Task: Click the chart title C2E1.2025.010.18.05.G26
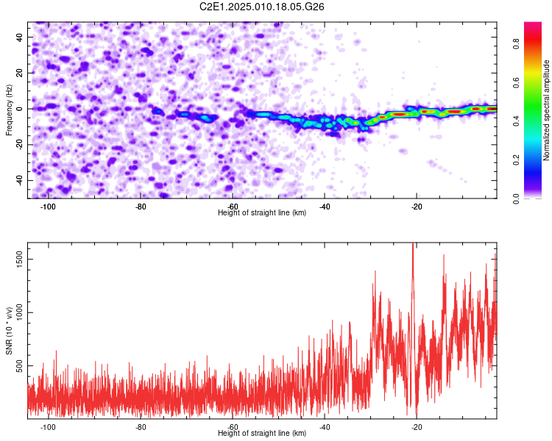(261, 7)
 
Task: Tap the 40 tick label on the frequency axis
(20, 37)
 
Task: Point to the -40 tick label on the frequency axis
(20, 181)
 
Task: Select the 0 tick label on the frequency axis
(20, 109)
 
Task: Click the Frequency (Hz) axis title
(9, 110)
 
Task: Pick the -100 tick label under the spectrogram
(49, 207)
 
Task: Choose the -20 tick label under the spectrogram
(417, 207)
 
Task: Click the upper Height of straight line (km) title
(262, 212)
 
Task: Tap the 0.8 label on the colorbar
(516, 44)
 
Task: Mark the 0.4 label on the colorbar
(516, 121)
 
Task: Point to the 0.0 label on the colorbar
(516, 198)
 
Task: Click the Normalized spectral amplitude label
(546, 110)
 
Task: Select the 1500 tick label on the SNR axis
(20, 259)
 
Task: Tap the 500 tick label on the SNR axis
(20, 366)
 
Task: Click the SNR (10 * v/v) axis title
(9, 331)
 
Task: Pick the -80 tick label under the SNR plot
(141, 427)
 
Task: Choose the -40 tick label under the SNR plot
(325, 427)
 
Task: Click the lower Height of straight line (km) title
(262, 433)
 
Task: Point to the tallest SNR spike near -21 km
(413, 244)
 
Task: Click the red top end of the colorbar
(533, 24)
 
